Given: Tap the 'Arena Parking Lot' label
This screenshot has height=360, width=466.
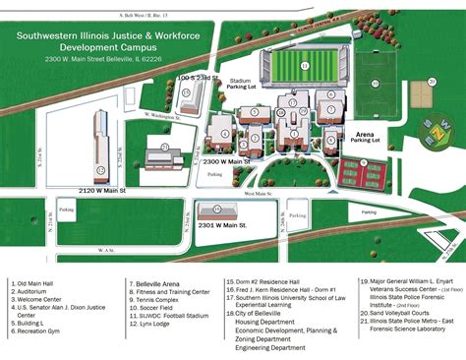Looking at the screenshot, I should tap(366, 137).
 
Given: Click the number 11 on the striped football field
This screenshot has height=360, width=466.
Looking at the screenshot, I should tap(305, 66).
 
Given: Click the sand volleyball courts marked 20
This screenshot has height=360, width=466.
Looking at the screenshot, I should tap(424, 93).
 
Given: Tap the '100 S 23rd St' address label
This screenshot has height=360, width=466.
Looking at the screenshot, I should tap(201, 77).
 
